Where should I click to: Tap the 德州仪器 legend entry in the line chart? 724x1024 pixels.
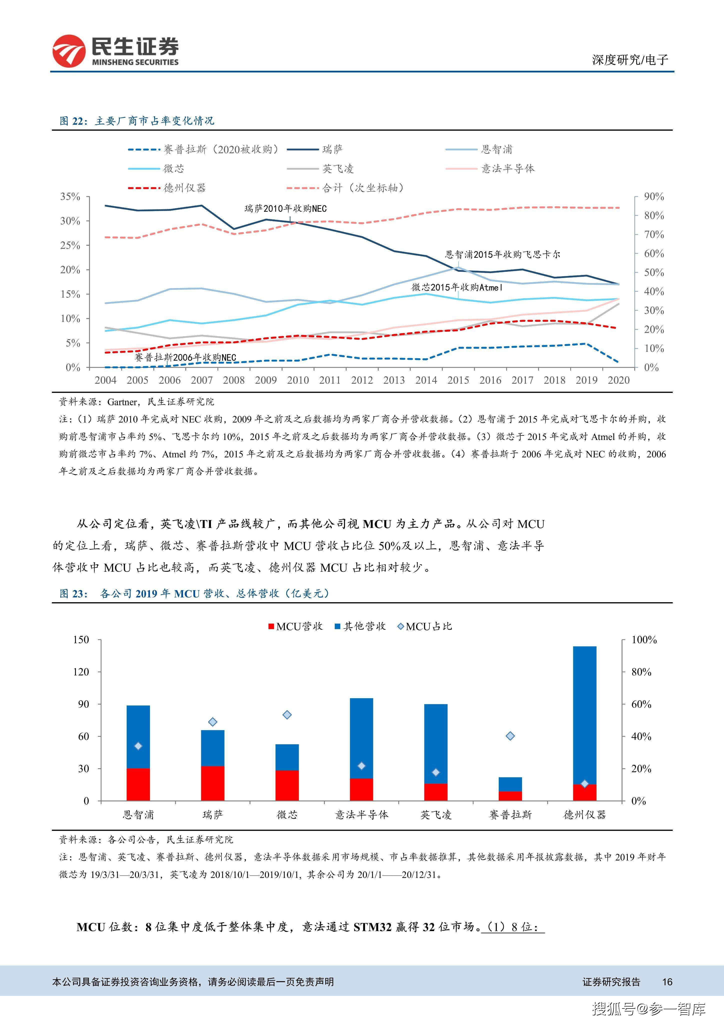click(x=167, y=188)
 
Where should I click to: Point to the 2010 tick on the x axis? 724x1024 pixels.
click(x=298, y=380)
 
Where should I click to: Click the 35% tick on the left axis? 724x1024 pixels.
click(x=70, y=197)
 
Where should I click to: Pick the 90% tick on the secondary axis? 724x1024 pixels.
click(x=654, y=197)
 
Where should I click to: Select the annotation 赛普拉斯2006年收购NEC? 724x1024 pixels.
click(x=185, y=357)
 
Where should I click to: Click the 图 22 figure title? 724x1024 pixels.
click(x=137, y=121)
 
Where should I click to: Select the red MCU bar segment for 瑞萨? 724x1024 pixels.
click(x=213, y=783)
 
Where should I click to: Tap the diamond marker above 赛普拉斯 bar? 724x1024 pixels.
click(x=510, y=736)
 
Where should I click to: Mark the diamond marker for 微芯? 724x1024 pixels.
click(x=287, y=715)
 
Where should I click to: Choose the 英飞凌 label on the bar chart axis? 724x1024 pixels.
click(x=436, y=815)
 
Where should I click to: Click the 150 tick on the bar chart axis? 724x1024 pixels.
click(x=81, y=639)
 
